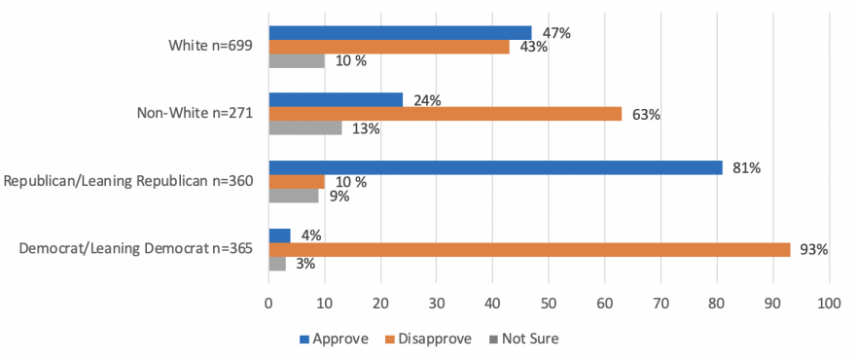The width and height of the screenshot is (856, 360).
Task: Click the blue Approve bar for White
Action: coord(400,33)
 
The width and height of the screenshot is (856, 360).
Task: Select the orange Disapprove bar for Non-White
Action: coord(445,114)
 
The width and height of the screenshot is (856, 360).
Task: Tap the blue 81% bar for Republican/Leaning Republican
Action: coord(495,167)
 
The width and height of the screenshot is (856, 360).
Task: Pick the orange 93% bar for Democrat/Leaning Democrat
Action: coord(529,249)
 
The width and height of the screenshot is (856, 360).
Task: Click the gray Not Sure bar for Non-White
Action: coord(304,128)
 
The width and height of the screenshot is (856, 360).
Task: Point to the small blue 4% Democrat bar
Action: coord(279,234)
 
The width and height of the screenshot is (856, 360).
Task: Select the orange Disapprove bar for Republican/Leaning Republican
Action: coord(297,182)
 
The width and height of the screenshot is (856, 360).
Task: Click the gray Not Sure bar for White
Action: coord(297,61)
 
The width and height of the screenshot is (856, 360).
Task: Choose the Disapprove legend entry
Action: coord(429,339)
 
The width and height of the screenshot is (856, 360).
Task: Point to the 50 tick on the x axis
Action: coord(549,302)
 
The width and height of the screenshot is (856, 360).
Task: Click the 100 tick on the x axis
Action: coord(829,302)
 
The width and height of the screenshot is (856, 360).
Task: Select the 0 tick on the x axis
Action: coord(268,302)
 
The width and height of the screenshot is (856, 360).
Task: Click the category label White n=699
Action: coord(210,47)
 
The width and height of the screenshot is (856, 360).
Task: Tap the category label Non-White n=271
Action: coord(195,114)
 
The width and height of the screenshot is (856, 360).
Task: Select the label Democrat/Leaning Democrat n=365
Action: coord(136,249)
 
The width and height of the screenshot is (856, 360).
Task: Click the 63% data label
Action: coord(646,115)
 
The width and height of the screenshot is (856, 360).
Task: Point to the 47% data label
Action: coord(556,33)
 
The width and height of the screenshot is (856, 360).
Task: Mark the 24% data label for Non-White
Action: coord(427,100)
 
